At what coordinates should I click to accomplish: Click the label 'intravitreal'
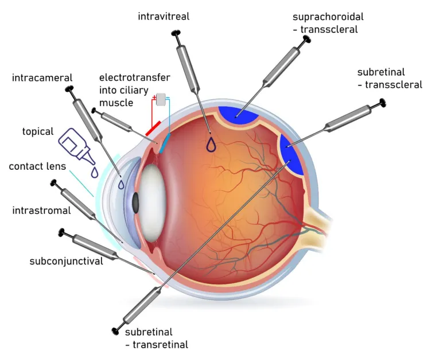(x=164, y=17)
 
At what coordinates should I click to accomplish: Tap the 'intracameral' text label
(x=42, y=77)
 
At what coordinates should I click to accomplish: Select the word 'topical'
(x=38, y=131)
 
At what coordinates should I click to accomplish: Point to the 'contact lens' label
(x=37, y=166)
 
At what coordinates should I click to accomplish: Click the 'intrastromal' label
(x=41, y=211)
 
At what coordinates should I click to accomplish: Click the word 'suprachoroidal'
(x=328, y=16)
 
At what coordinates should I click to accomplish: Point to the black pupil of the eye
(x=135, y=201)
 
